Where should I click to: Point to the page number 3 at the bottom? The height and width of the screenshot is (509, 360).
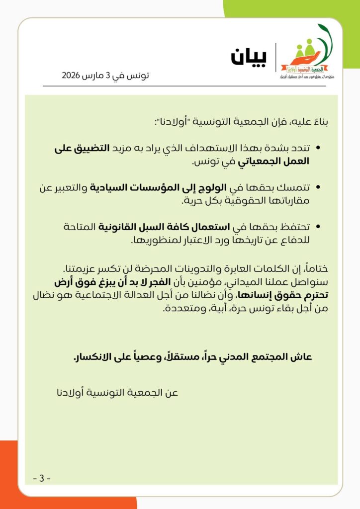click(x=42, y=479)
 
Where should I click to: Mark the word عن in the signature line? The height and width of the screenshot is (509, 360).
click(x=171, y=393)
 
